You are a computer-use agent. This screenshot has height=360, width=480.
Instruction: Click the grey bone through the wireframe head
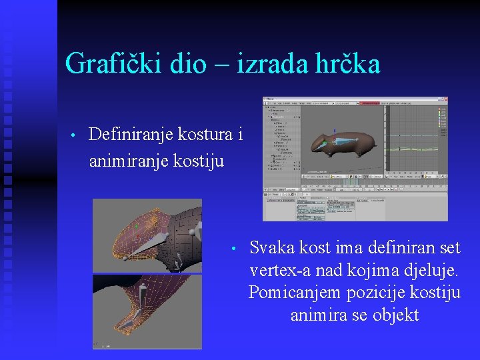157,244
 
